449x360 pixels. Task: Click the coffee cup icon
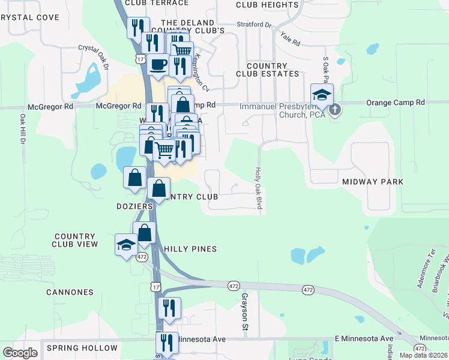158,64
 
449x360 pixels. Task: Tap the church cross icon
335,109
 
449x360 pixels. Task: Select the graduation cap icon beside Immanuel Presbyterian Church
321,95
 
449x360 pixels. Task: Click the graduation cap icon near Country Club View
126,245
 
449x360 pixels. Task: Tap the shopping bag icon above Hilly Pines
145,233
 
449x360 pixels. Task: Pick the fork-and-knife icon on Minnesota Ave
167,343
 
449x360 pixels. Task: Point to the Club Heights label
267,5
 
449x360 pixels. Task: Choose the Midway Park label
372,181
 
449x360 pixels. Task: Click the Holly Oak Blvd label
258,188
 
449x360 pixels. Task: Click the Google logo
20,353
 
